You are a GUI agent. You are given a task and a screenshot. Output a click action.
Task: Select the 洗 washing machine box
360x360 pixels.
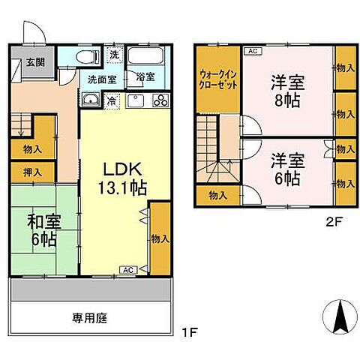(x=113, y=55)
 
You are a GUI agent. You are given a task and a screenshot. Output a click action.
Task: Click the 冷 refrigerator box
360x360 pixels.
(x=111, y=100)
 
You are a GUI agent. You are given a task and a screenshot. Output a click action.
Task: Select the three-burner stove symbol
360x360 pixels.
(x=159, y=102)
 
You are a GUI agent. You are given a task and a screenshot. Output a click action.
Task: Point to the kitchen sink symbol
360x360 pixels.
(x=136, y=102)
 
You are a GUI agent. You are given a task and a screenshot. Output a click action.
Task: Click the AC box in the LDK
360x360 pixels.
(x=127, y=268)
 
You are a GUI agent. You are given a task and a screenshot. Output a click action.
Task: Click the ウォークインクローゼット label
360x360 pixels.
(x=218, y=80)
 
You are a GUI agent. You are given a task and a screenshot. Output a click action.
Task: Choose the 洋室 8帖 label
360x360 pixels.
(x=286, y=91)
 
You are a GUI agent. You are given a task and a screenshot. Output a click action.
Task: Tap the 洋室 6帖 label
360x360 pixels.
(x=286, y=169)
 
